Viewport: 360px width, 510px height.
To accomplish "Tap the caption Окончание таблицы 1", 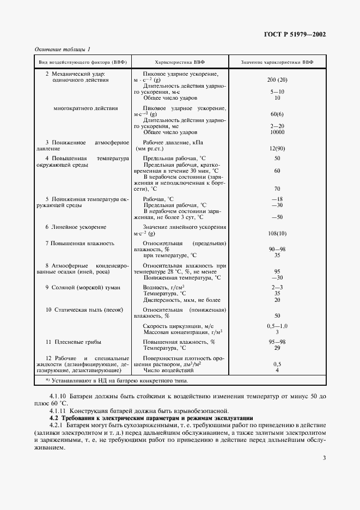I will (63, 49).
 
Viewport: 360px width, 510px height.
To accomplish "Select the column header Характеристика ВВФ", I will (180, 62).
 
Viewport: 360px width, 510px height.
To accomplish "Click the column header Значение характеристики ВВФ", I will (277, 62).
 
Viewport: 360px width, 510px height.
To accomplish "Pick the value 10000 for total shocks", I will (277, 132).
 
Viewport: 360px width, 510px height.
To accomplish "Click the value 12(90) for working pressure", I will (277, 148).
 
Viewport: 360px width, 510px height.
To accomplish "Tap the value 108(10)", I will (277, 233).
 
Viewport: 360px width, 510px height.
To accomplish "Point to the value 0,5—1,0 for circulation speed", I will (277, 325).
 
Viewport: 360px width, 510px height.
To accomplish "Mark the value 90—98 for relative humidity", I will (277, 249).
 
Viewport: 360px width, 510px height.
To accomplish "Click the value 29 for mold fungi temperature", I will (277, 348).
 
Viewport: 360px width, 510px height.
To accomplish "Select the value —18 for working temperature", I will (277, 199).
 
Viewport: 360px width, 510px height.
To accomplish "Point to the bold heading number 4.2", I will (53, 417).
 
